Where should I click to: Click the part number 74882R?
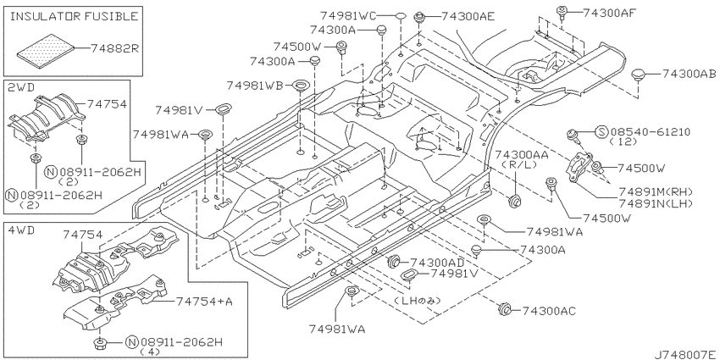[x=114, y=47]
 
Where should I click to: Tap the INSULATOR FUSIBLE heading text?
[x=74, y=17]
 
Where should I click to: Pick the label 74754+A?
[x=204, y=302]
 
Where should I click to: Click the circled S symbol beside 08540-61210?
[x=602, y=132]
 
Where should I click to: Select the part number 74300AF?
[x=609, y=13]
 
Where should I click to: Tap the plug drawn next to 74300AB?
[x=638, y=75]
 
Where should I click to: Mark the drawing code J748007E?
[x=686, y=354]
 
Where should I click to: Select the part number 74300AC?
[x=549, y=311]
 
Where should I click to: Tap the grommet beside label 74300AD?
[x=393, y=261]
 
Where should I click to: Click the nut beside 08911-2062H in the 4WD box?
[x=99, y=343]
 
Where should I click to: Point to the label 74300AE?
[x=468, y=17]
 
